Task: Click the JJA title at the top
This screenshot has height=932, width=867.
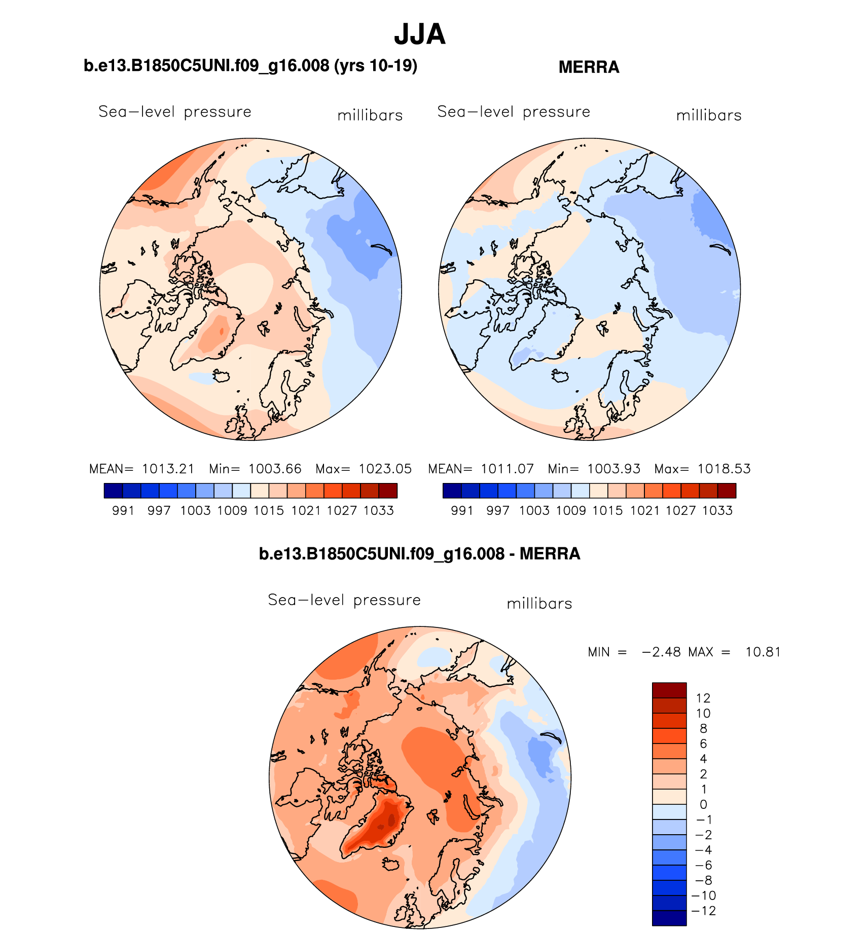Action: click(419, 34)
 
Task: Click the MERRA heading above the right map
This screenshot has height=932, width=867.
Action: click(589, 67)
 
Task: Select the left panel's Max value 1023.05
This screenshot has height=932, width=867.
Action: click(385, 469)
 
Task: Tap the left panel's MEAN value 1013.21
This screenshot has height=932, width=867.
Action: click(168, 469)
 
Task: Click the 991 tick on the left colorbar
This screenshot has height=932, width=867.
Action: click(123, 510)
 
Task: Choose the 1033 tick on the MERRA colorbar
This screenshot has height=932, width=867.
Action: click(717, 510)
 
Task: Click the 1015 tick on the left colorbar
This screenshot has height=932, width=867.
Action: click(269, 510)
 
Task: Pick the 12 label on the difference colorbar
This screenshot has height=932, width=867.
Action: click(703, 698)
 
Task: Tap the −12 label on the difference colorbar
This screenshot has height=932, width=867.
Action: click(703, 911)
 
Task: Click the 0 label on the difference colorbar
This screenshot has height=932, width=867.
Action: click(703, 804)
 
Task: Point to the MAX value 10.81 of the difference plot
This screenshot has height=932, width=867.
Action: click(763, 652)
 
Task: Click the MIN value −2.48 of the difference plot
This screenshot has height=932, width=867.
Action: click(661, 652)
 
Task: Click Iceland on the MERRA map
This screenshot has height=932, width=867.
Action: click(560, 376)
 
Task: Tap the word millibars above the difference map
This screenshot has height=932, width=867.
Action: click(539, 604)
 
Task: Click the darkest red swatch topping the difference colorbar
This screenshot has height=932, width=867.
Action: click(669, 690)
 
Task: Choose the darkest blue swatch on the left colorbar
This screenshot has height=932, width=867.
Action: click(113, 491)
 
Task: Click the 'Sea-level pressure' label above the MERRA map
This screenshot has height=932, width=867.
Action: click(514, 111)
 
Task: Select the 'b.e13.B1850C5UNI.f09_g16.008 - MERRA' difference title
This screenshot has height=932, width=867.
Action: click(419, 553)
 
